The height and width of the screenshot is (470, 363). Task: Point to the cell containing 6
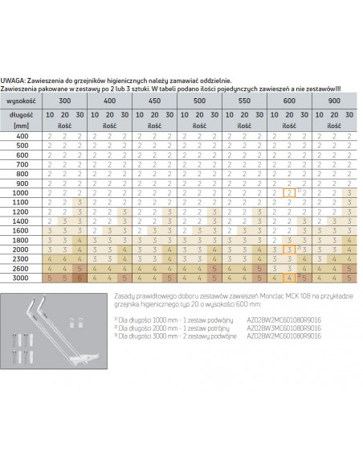pyautogui.click(x=79, y=278)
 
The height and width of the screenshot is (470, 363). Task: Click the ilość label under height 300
pyautogui.click(x=63, y=127)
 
